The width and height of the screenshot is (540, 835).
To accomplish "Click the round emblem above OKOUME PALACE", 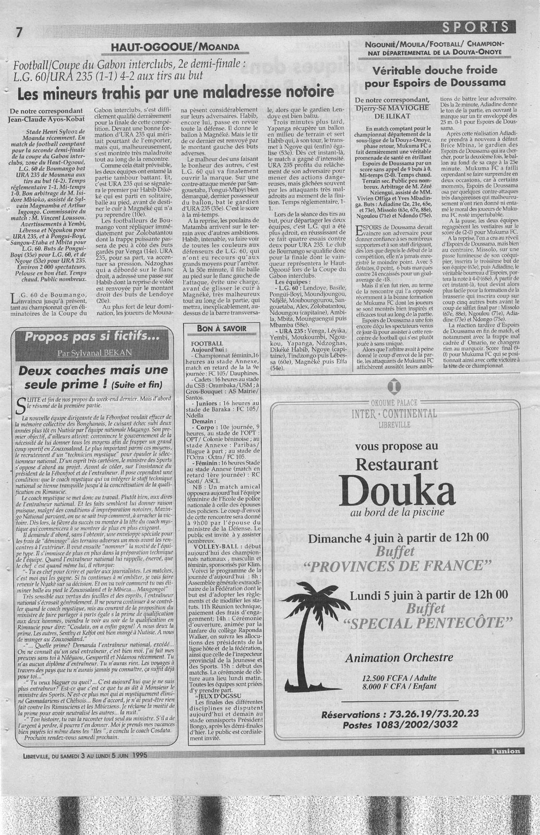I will [x=394, y=387].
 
